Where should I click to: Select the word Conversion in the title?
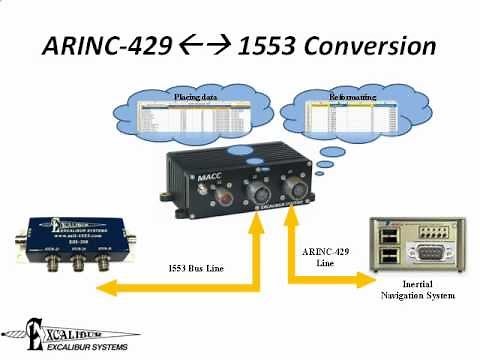370,47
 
